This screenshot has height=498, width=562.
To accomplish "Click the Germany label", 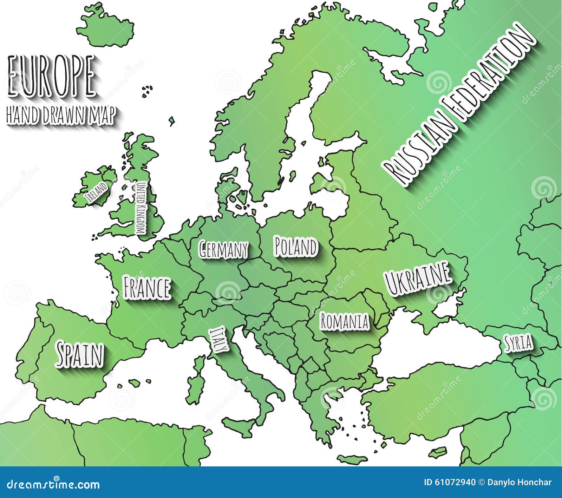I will pos(223,249).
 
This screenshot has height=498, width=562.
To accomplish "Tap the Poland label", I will pos(296,247).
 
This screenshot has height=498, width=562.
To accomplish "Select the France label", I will pos(147,288).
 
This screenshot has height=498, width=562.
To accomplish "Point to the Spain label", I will pos(80,355).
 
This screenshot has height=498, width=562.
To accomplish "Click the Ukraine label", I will pos(417,278).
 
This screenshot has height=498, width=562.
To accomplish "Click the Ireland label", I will pos(97,193).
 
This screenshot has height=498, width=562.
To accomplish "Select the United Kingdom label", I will pos(141,209).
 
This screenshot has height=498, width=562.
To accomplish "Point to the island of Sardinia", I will pos(194,386).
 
